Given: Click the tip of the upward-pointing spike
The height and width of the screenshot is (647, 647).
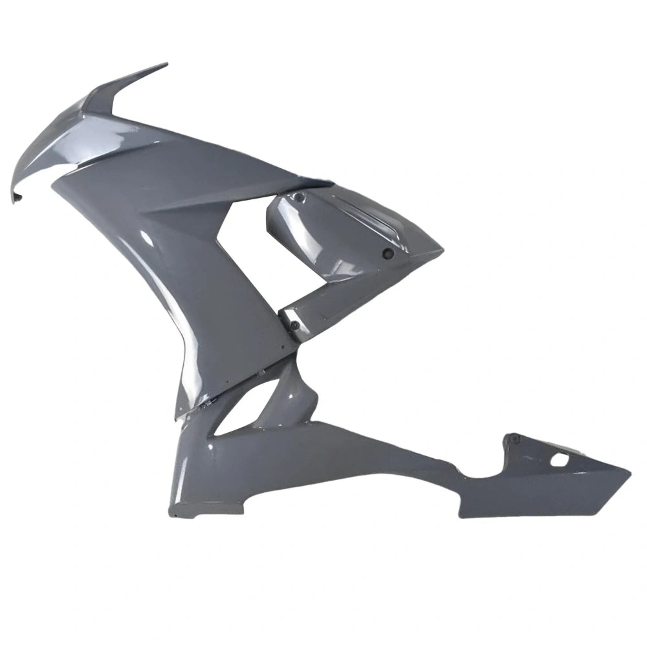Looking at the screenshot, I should pyautogui.click(x=166, y=64).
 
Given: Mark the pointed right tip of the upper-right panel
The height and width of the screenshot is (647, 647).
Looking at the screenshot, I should pyautogui.click(x=443, y=248).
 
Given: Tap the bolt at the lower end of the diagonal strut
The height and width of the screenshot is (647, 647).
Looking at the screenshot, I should pyautogui.click(x=294, y=325).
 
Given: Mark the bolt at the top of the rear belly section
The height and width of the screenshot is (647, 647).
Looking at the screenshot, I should pyautogui.click(x=515, y=439).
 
